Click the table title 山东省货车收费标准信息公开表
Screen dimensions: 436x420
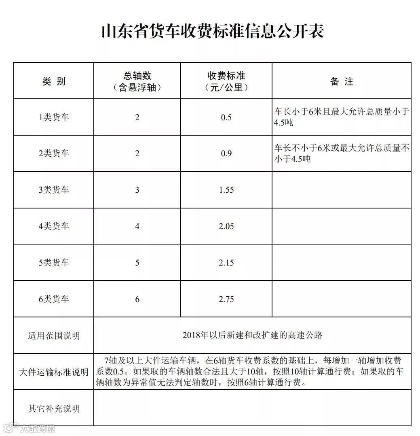click(x=212, y=31)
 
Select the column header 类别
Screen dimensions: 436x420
click(x=54, y=81)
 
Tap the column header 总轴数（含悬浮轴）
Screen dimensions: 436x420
click(x=137, y=81)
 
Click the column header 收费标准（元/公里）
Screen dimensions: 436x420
click(x=226, y=81)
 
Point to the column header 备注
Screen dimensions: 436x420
click(x=342, y=81)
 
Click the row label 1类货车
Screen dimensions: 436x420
click(x=54, y=117)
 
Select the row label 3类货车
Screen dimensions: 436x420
click(x=54, y=190)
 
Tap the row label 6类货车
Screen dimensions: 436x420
click(x=54, y=299)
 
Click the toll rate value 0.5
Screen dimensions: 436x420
click(x=226, y=117)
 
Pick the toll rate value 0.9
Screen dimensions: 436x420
click(x=226, y=154)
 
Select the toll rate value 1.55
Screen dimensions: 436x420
click(x=226, y=190)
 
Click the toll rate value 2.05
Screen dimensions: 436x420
click(x=226, y=226)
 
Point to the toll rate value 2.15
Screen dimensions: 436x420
click(x=226, y=263)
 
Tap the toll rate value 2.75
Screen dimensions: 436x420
click(x=226, y=299)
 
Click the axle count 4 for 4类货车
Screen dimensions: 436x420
click(x=137, y=226)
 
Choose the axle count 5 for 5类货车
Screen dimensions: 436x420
click(x=137, y=263)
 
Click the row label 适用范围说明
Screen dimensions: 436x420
click(x=54, y=336)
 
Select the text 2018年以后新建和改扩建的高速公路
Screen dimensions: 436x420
click(x=252, y=335)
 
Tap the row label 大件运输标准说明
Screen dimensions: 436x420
click(x=54, y=372)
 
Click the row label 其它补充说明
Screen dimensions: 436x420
click(x=54, y=408)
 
